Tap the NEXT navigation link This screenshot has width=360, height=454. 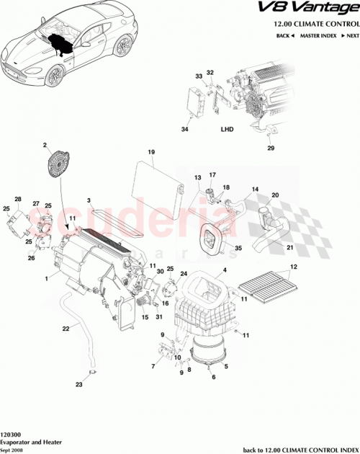tap(351, 35)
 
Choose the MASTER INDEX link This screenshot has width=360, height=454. tap(317, 35)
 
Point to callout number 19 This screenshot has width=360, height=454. tap(152, 152)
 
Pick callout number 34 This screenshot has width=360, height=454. tap(184, 130)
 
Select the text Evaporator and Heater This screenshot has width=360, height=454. tap(31, 443)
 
